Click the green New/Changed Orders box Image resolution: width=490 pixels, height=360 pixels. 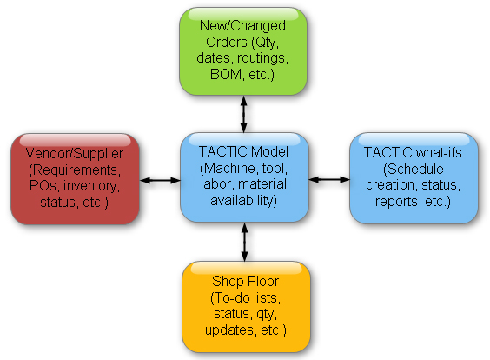click(243, 51)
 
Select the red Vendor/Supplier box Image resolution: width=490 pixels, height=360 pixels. click(75, 179)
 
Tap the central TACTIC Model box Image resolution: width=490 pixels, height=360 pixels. click(244, 177)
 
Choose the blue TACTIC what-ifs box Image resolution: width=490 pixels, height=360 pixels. click(414, 178)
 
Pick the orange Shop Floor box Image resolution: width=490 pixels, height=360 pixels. click(246, 307)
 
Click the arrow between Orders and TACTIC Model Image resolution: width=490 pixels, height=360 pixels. click(244, 114)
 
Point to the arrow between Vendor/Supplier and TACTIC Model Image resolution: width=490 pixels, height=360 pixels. click(160, 181)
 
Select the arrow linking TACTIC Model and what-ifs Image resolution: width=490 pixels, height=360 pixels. click(329, 179)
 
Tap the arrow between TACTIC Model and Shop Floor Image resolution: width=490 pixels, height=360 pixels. click(245, 242)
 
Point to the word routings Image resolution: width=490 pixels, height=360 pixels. click(262, 58)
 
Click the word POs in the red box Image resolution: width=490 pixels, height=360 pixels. click(43, 186)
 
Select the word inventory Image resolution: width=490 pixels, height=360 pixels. click(91, 186)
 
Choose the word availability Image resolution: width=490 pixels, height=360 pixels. click(244, 201)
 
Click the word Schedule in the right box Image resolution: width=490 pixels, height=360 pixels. click(414, 170)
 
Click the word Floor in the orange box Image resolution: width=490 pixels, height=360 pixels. click(263, 281)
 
